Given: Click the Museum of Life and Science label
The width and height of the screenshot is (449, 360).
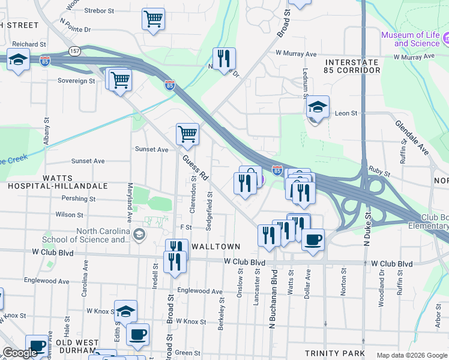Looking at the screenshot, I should (411, 39).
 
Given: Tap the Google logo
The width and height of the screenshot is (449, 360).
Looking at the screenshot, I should (20, 353).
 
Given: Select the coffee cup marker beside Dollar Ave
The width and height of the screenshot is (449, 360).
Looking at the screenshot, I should (313, 240).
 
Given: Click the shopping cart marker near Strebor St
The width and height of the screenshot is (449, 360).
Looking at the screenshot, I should (154, 19).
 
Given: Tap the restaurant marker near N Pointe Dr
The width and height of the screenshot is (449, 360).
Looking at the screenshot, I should (224, 59).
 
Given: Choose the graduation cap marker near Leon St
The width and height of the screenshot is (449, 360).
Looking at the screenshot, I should (318, 107).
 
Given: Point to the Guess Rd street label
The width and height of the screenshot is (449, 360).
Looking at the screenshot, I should (195, 168).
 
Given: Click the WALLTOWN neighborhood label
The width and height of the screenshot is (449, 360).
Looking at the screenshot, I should (215, 247).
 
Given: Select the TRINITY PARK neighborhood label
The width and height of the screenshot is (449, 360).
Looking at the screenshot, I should (331, 353).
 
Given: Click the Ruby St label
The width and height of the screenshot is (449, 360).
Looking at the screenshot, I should (379, 170).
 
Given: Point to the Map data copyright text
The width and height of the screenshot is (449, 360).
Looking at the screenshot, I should (411, 355).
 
